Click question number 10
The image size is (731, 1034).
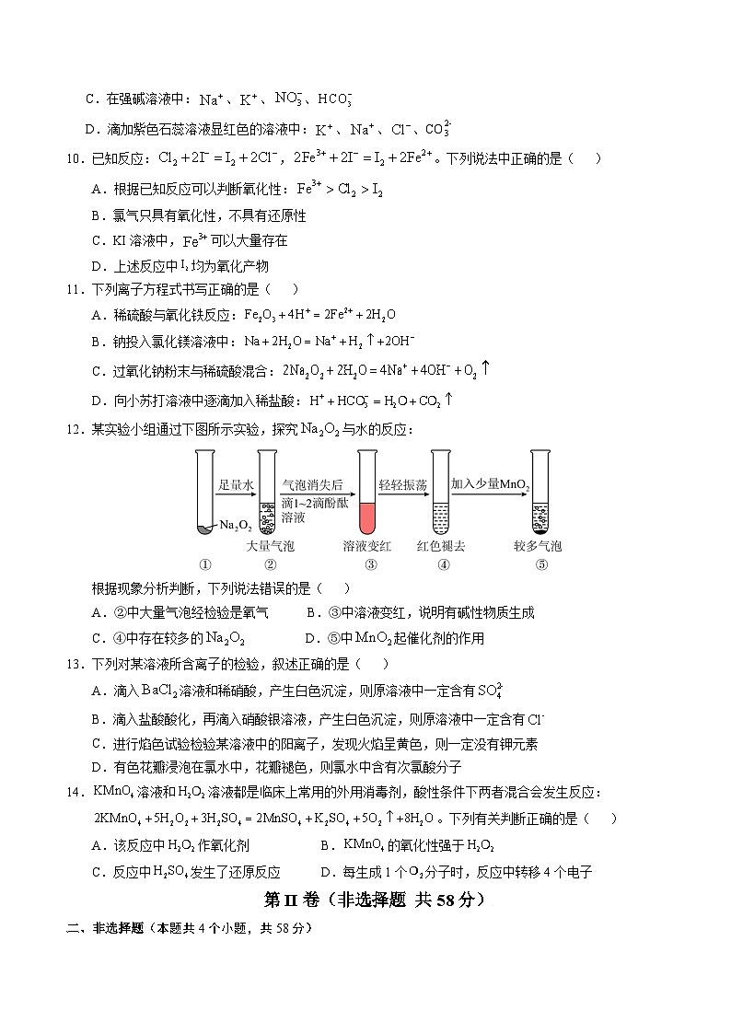point(75,158)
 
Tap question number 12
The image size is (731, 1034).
point(75,430)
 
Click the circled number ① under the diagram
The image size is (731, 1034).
point(204,565)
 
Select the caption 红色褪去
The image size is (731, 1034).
point(441,546)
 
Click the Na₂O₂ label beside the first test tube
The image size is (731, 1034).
point(236,525)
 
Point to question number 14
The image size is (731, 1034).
point(75,792)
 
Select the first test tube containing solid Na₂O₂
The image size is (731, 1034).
point(205,494)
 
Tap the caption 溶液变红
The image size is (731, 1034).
point(367,546)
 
